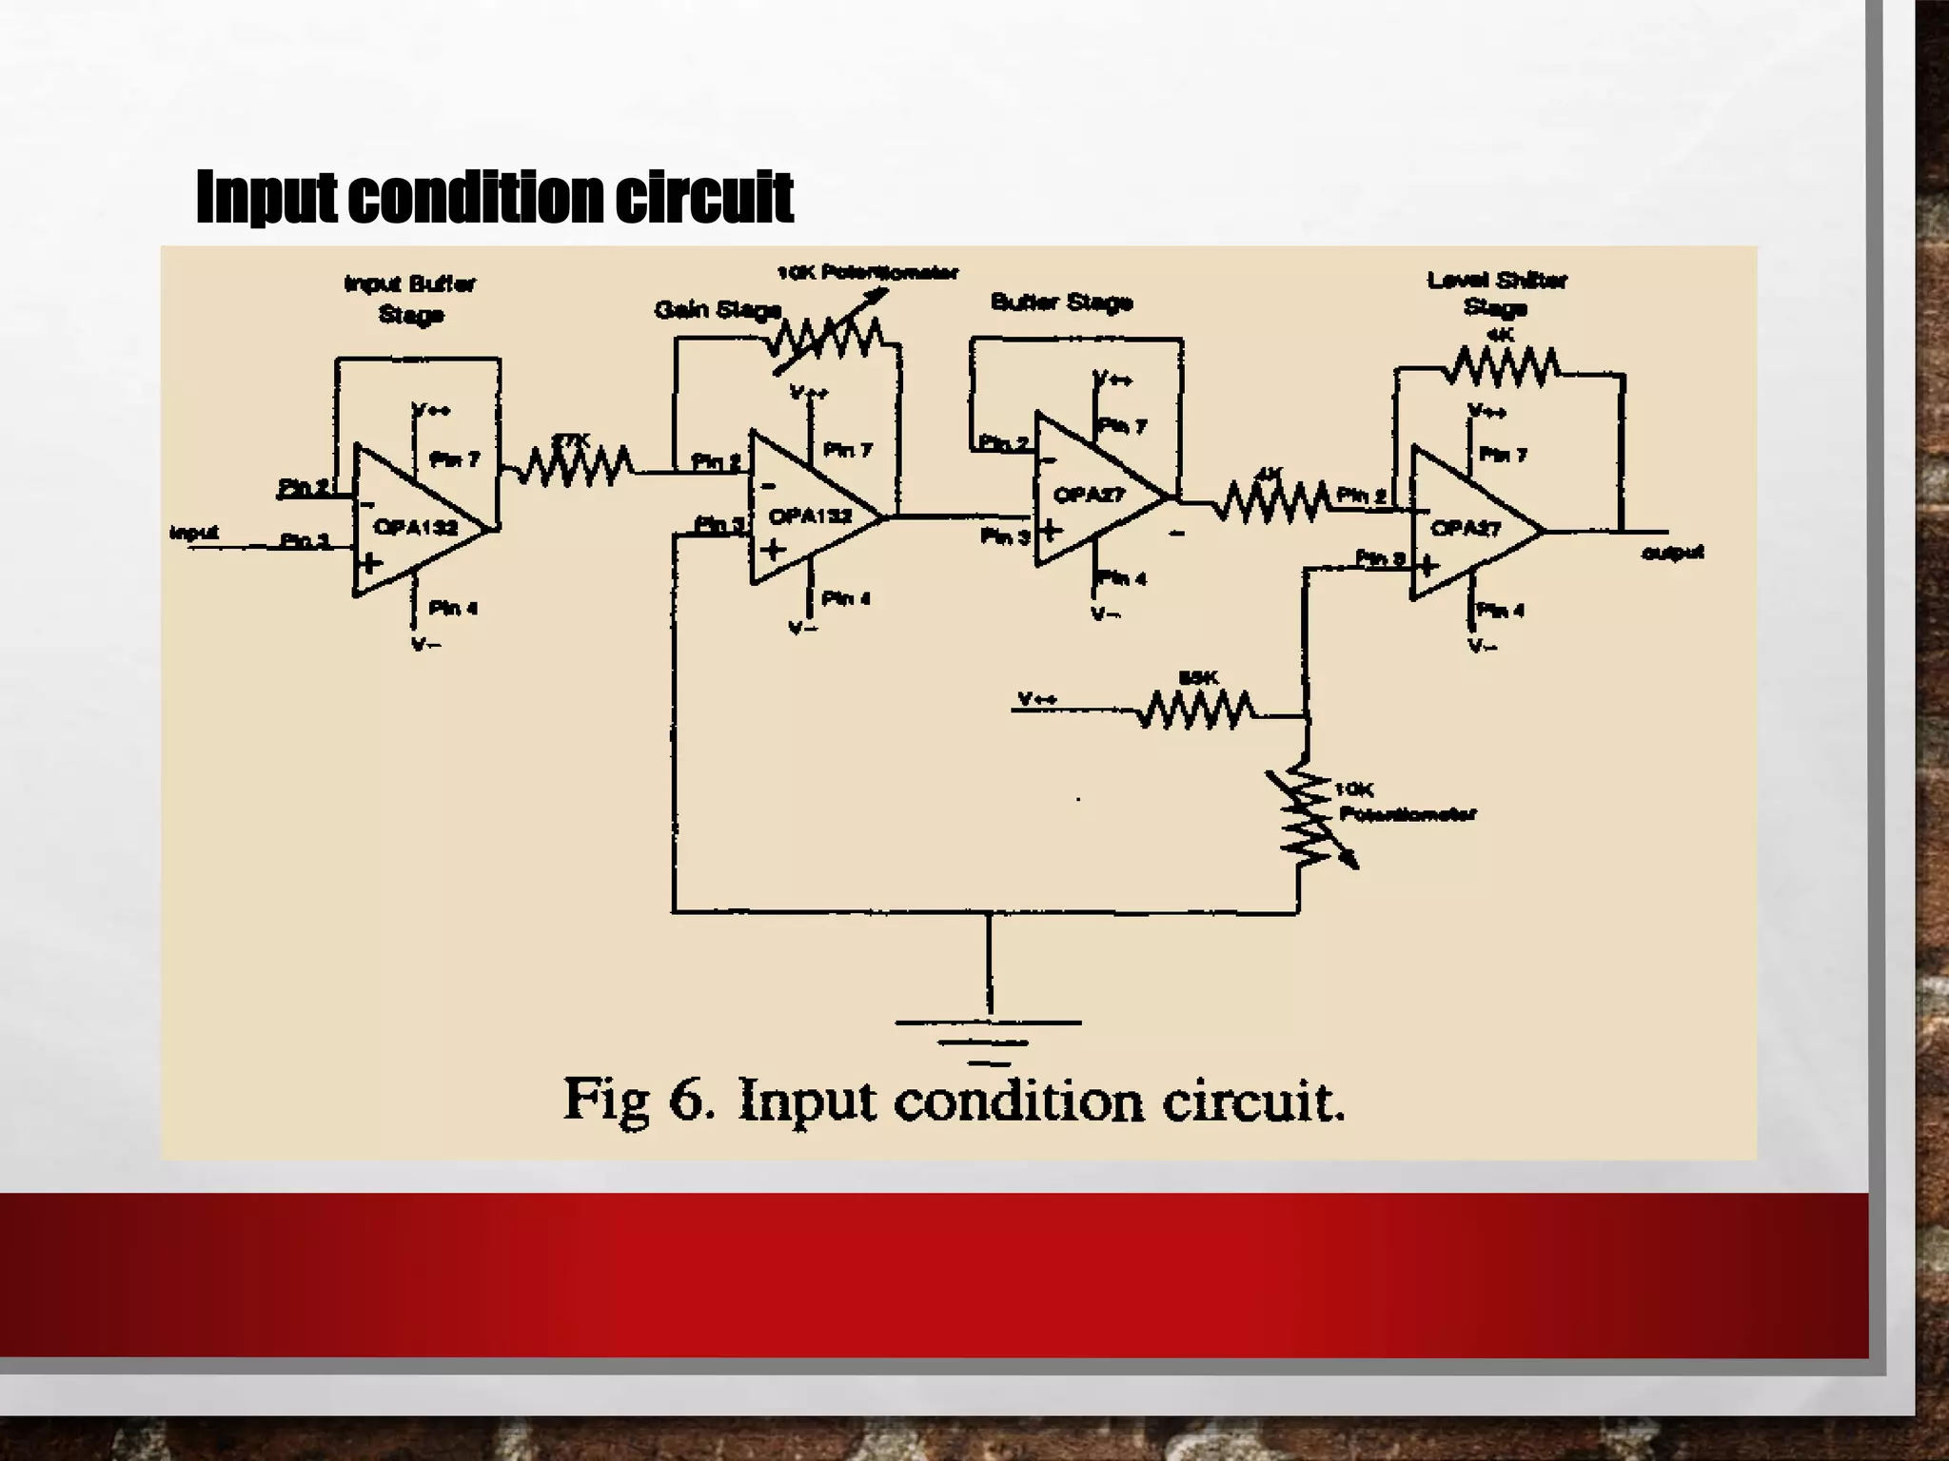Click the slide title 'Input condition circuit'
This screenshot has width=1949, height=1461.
pos(494,198)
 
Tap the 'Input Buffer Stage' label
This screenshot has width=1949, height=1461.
pos(410,298)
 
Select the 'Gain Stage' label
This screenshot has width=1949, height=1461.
pos(718,310)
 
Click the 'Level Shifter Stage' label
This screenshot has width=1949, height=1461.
pos(1496,293)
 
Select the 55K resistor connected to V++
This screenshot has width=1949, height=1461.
pos(1198,711)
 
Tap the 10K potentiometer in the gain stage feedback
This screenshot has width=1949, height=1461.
pos(828,337)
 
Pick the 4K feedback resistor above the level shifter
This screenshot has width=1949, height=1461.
pos(1503,367)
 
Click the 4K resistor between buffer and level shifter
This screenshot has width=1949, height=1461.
pos(1275,502)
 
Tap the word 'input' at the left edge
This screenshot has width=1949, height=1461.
pos(194,532)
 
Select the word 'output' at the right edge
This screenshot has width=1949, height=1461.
pos(1673,553)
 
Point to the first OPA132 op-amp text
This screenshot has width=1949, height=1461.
pos(415,527)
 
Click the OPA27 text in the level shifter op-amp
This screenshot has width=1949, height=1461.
pos(1466,528)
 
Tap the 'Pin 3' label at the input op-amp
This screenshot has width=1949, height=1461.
pos(305,541)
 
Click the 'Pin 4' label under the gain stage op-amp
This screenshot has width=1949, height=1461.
pos(846,598)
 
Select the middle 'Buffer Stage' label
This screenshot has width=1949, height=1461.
pos(1061,302)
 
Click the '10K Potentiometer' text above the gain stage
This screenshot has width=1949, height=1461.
pos(867,273)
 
